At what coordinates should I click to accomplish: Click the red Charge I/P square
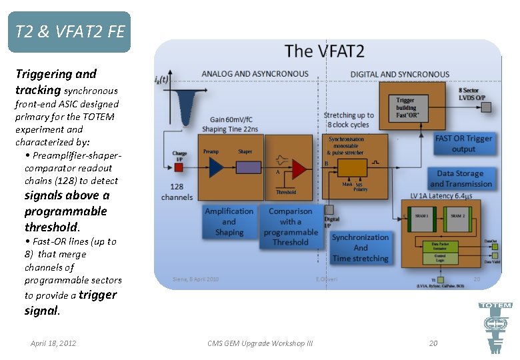178,166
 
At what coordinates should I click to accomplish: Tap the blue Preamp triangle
215,167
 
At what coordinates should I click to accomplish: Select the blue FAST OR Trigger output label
463,143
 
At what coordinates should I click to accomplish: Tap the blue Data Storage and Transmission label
461,179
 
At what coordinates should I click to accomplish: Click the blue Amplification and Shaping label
229,221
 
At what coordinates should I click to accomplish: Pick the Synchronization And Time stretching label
360,247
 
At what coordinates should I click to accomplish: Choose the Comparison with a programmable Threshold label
291,227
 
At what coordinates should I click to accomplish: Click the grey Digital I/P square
327,207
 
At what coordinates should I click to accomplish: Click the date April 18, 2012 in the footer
53,343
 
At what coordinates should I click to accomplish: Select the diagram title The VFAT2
325,51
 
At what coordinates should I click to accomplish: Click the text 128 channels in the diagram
177,192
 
